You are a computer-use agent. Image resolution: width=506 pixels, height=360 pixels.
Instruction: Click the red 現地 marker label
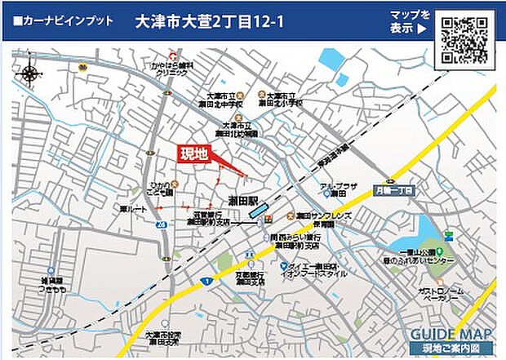(x=194, y=153)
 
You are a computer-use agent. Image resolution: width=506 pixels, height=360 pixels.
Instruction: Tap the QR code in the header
(x=464, y=39)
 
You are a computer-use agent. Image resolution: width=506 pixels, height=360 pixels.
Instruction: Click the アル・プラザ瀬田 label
(x=340, y=190)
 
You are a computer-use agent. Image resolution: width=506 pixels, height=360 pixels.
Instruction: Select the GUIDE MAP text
(x=451, y=335)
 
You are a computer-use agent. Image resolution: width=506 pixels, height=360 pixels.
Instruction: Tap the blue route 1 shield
(x=208, y=281)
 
